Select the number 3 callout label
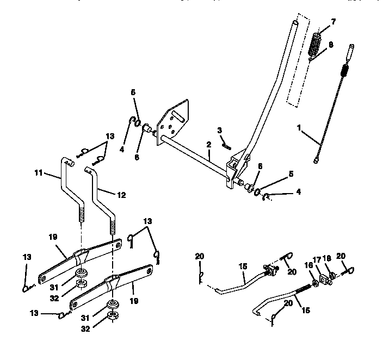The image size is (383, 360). point(219,131)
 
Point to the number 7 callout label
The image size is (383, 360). point(333,21)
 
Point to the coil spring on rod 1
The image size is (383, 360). point(344,71)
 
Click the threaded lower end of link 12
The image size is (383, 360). point(114,226)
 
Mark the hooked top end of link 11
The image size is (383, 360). point(68,162)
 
